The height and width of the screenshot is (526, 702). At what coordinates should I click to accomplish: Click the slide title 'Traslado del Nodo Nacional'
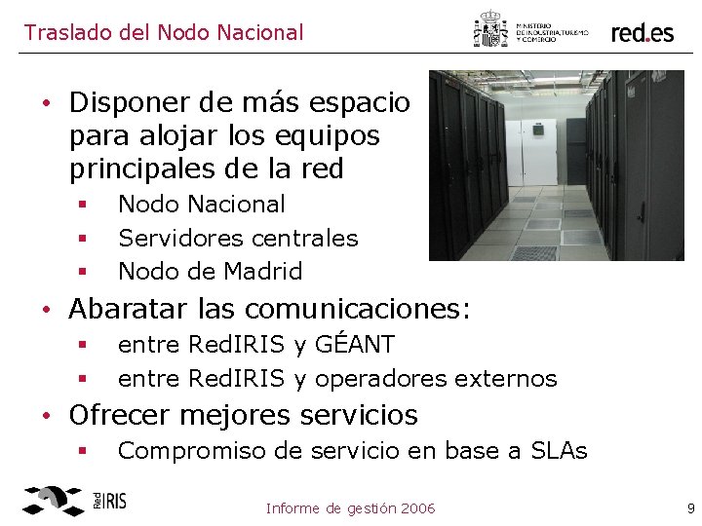click(x=164, y=32)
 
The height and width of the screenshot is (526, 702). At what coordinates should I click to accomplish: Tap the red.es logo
click(x=643, y=32)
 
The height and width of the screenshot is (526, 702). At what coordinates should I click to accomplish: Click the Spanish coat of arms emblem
click(x=490, y=29)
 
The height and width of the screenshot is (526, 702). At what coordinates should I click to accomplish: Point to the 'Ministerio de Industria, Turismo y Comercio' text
click(x=551, y=32)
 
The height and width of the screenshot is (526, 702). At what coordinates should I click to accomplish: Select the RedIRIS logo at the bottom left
click(x=74, y=501)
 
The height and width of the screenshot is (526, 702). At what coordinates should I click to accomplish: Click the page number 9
click(x=690, y=507)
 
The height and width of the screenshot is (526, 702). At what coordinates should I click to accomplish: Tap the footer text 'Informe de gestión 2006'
click(x=350, y=507)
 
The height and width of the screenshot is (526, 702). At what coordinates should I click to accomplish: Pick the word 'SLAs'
click(x=559, y=450)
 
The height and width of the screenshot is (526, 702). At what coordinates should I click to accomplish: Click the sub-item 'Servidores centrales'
click(x=238, y=238)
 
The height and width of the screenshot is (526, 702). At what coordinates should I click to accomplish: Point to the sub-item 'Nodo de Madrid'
click(x=210, y=271)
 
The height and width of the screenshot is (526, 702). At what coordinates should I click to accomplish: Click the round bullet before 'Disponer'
click(x=47, y=102)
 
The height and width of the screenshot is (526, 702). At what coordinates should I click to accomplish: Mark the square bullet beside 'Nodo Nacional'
click(x=84, y=205)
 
